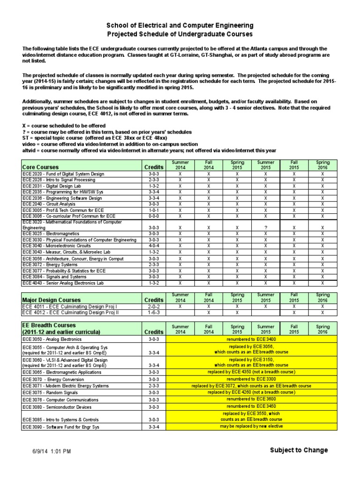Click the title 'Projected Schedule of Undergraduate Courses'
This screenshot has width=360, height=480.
coord(180,34)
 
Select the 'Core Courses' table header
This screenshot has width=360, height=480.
coord(40,167)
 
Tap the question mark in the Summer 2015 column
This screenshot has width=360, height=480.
coord(266,227)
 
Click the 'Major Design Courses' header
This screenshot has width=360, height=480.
coord(52,300)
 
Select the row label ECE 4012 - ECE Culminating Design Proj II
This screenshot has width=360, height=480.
coord(71,312)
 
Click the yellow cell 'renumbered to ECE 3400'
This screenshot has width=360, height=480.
coord(252,338)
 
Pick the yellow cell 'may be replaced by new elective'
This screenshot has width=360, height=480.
coord(252,427)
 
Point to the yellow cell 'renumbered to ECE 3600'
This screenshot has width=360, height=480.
coord(252,399)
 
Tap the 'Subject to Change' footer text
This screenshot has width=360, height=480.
coord(299,450)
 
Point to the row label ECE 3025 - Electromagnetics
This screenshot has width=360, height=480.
coord(50,233)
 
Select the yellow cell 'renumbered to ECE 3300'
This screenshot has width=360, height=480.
coord(252,379)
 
